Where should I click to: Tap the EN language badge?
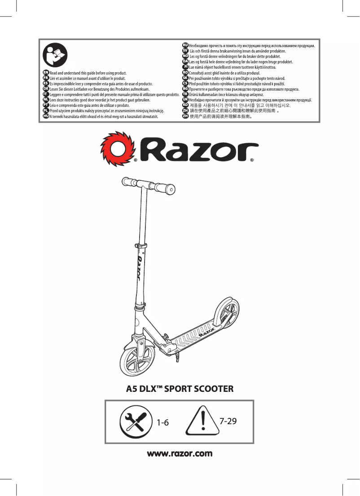point(46,72)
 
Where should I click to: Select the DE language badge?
point(46,89)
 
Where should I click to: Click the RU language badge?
point(185,45)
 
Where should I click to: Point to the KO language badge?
point(185,105)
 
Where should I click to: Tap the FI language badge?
point(185,67)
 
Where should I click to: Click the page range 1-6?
point(162,423)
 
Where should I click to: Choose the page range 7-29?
point(228,421)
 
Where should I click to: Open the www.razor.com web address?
point(180,453)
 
